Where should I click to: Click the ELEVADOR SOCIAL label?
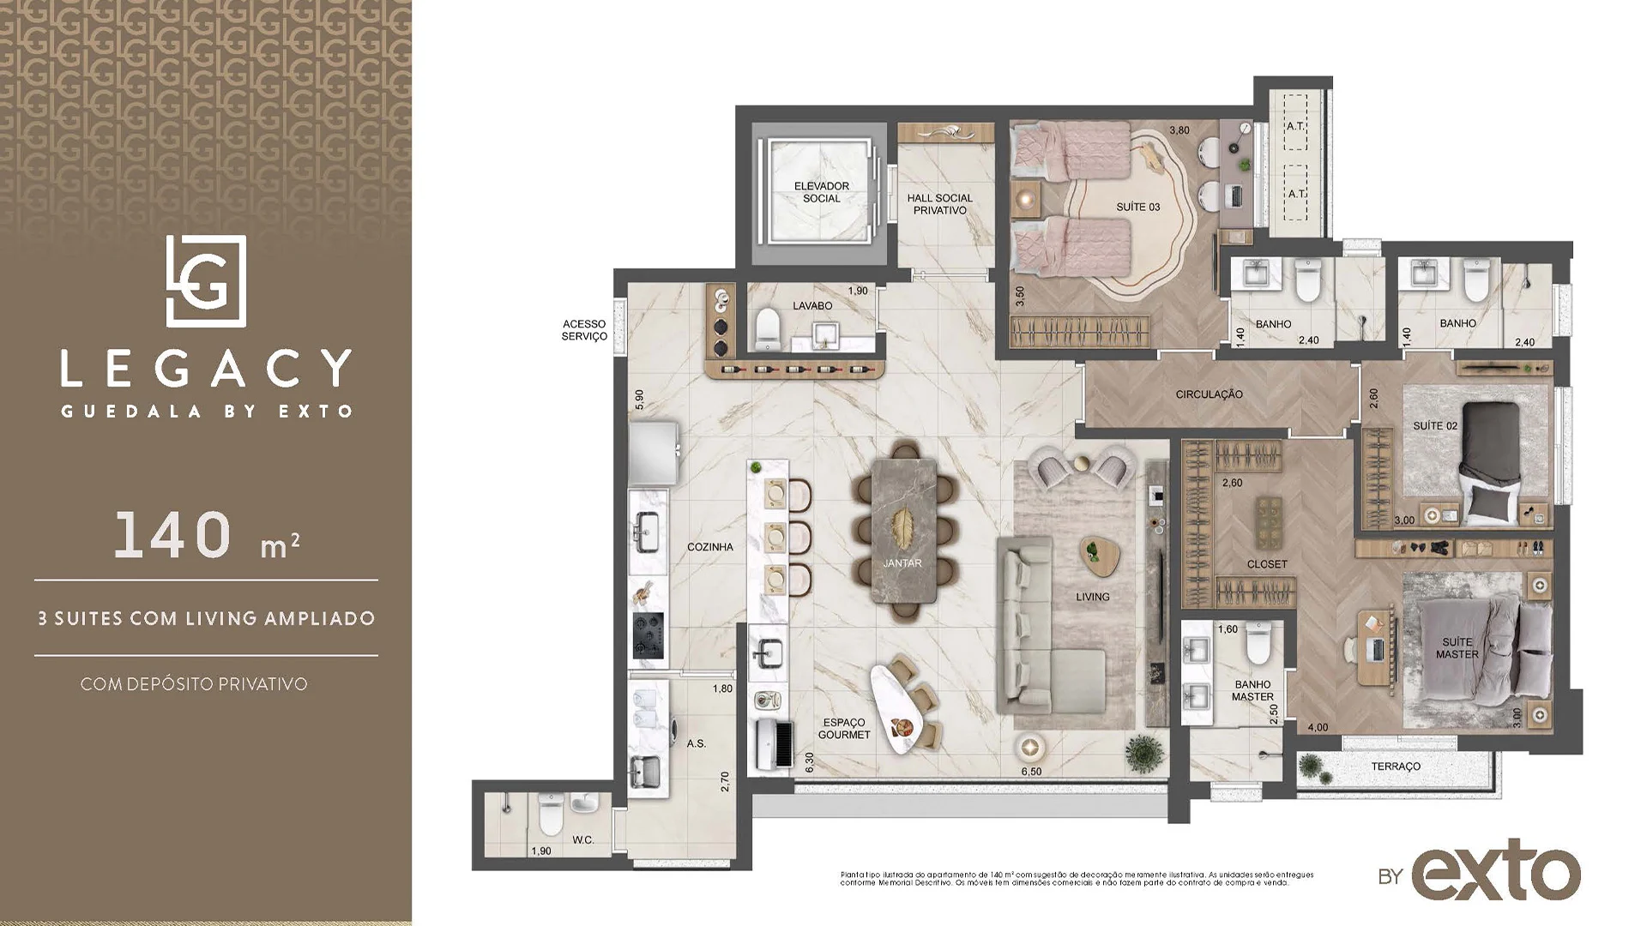[x=821, y=192]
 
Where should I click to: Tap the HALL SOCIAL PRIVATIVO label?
[x=939, y=204]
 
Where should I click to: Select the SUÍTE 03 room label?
[x=1137, y=207]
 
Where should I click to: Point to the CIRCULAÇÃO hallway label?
[x=1209, y=394]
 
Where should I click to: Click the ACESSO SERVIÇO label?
[x=584, y=330]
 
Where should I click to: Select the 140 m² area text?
[x=206, y=536]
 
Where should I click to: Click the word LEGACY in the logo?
[x=206, y=369]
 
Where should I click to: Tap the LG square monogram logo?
[x=206, y=280]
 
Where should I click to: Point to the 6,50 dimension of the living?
[x=1031, y=772]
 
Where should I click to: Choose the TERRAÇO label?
[x=1396, y=767]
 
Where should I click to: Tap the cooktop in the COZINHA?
[x=648, y=635]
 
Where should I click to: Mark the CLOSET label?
[x=1267, y=564]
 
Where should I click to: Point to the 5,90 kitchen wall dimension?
[x=638, y=400]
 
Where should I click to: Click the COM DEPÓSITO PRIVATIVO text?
[x=194, y=684]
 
